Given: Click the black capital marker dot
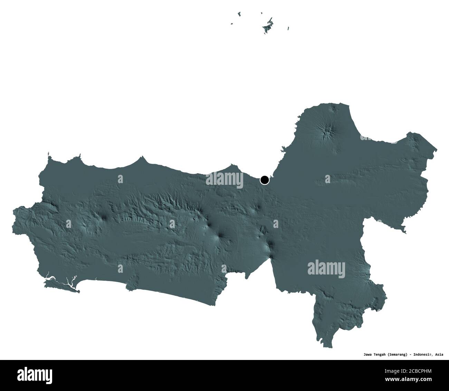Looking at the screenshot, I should [265, 180].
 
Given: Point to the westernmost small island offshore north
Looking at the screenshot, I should [232, 24].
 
